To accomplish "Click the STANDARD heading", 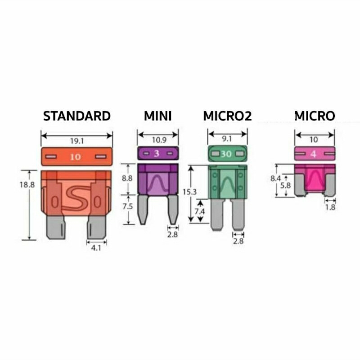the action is (77, 116).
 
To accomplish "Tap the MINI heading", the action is (158, 116).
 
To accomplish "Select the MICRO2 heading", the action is (227, 116).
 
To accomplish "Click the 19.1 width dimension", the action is (77, 141).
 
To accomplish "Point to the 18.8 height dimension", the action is (27, 184).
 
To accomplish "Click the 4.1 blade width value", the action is (96, 248).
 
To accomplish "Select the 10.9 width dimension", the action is (159, 140).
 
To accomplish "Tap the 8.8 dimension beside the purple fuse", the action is (127, 178).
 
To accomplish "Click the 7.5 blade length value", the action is (127, 207).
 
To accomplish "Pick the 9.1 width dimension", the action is (227, 139).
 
